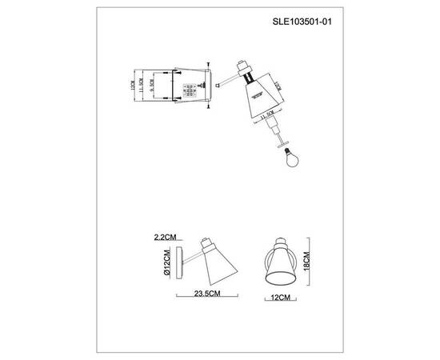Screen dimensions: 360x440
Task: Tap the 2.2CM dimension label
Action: click(x=166, y=238)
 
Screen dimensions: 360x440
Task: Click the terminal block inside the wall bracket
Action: click(x=190, y=90)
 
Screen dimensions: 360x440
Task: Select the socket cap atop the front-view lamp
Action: click(x=282, y=242)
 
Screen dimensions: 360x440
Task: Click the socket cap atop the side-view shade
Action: click(x=206, y=243)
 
